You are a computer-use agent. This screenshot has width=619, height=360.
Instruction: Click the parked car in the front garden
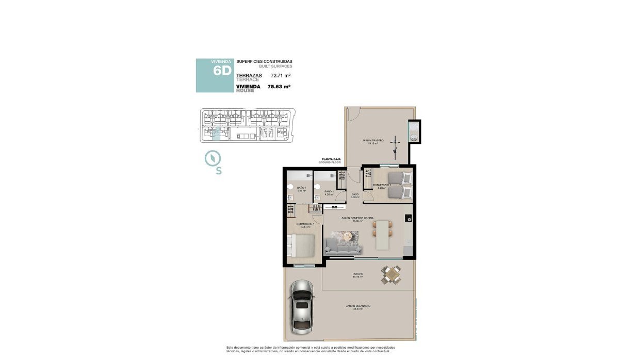coord(302,306)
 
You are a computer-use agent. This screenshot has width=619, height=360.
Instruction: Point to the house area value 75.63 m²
coord(279,87)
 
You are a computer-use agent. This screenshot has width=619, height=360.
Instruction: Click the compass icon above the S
coord(212,158)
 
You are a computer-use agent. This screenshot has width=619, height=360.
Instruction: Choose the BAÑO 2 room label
coord(329,191)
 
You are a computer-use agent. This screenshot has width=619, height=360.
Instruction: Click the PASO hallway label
coord(355,194)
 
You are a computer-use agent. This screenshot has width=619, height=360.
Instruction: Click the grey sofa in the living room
coord(343,248)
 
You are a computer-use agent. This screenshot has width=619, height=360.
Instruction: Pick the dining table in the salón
coord(382,235)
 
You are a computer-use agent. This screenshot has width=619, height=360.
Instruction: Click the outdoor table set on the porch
coord(391,274)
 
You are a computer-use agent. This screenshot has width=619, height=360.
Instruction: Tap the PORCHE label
coord(357,274)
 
